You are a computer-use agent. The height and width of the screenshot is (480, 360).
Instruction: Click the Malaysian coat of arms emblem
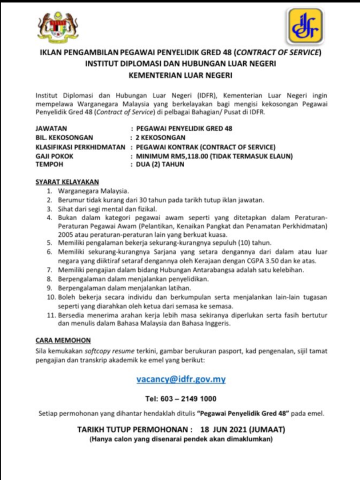[58, 26]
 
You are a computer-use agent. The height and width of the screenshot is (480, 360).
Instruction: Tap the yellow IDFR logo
[305, 26]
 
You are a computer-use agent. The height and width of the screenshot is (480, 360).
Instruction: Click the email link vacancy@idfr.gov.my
[181, 379]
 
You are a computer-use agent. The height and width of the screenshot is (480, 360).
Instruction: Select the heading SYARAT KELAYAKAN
[67, 182]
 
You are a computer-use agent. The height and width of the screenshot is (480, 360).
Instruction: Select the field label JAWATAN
[52, 128]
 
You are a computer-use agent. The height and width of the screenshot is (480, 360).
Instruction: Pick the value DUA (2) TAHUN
[160, 165]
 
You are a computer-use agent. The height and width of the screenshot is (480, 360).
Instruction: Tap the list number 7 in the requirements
[50, 270]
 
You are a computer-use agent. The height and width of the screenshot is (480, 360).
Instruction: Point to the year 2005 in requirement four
[66, 234]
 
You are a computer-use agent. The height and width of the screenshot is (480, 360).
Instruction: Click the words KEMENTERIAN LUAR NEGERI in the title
[180, 75]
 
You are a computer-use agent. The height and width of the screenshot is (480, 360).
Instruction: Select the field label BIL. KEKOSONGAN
[64, 138]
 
